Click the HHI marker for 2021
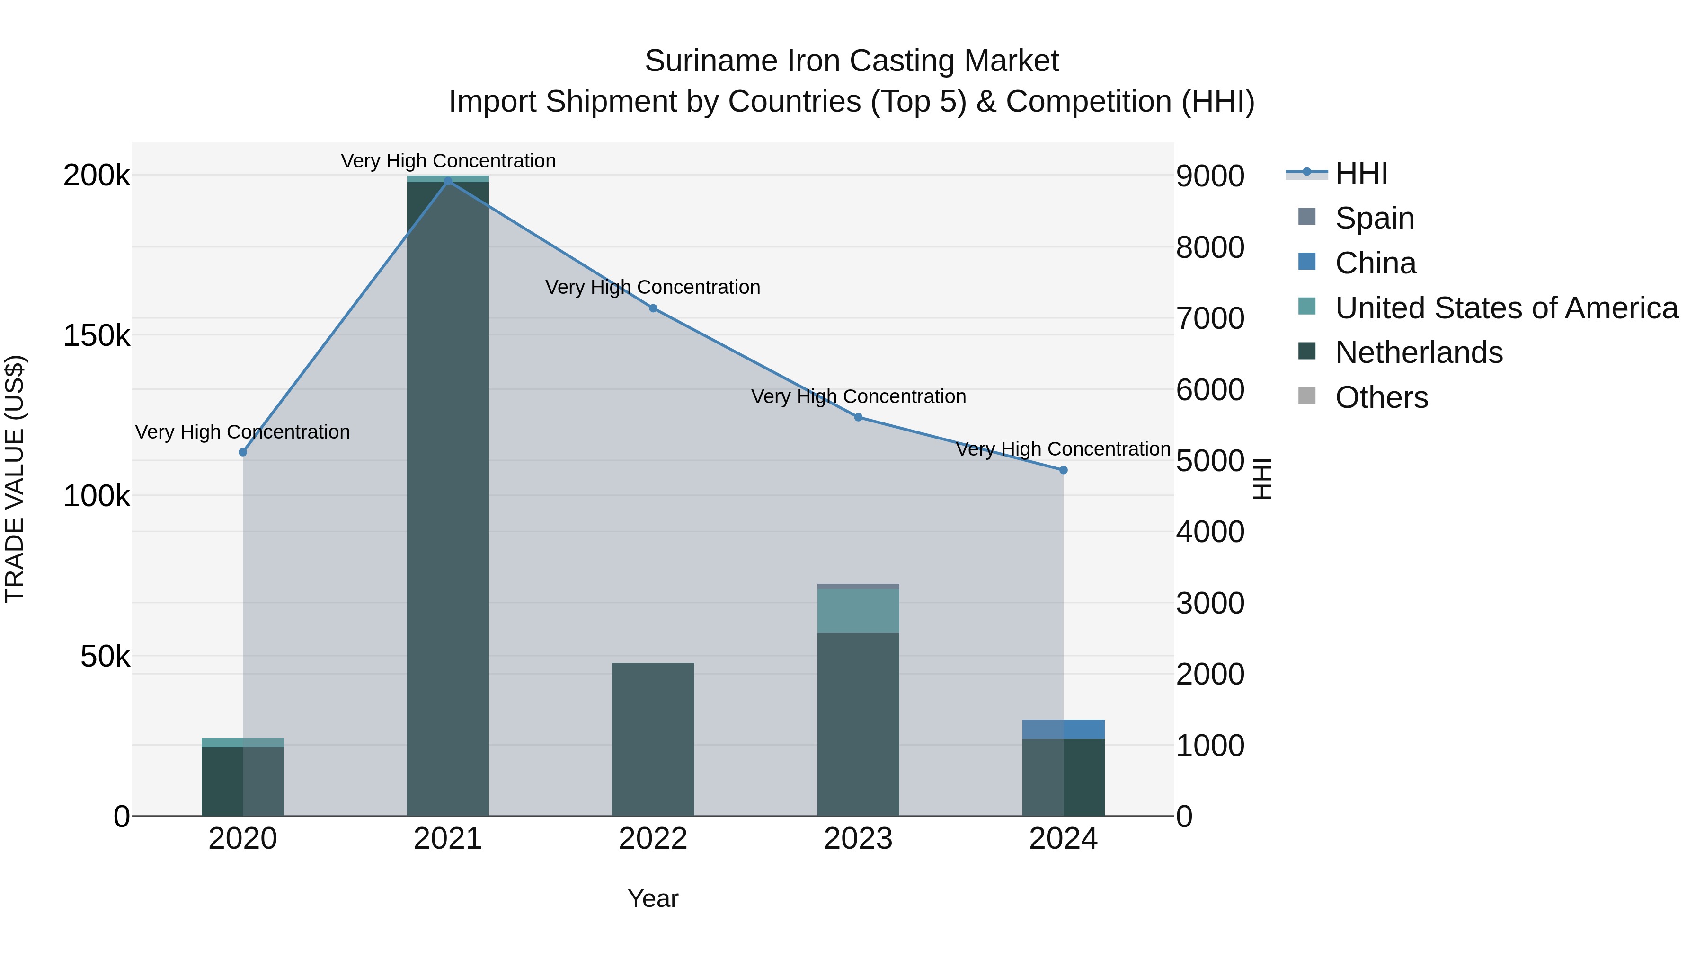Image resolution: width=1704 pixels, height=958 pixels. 448,181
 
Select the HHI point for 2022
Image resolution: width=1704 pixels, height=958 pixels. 653,308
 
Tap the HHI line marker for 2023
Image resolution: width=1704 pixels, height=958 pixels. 858,417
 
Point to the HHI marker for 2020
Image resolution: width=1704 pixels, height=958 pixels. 243,452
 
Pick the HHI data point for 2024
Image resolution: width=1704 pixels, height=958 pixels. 1063,470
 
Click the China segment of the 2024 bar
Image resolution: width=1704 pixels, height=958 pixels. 1063,729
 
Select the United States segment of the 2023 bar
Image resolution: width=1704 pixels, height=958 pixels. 858,610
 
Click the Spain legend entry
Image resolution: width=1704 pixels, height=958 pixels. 1374,218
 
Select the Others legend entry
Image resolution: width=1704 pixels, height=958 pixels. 1381,397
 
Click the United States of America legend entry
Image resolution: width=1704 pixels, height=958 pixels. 1506,308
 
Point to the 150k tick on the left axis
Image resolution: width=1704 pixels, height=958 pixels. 97,336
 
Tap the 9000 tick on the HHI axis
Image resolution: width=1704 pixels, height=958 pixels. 1210,176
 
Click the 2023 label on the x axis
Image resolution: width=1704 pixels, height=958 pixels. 858,839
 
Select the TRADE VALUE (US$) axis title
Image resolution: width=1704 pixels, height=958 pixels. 15,479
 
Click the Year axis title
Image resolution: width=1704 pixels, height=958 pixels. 653,898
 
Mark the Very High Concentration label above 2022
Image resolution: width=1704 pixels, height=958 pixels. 653,288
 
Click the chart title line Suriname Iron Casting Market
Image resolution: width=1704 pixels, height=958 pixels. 852,61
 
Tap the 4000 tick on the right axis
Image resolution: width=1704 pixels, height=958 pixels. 1210,532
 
